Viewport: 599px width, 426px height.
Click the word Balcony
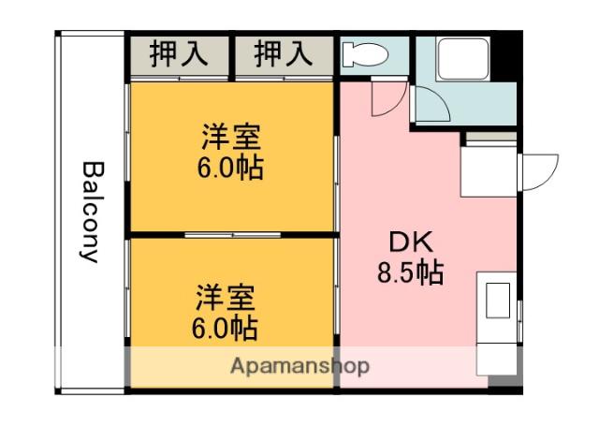pyautogui.click(x=91, y=213)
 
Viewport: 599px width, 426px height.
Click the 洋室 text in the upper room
pyautogui.click(x=230, y=138)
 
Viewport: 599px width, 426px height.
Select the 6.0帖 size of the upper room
pyautogui.click(x=230, y=168)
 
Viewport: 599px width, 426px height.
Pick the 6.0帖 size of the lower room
pyautogui.click(x=226, y=329)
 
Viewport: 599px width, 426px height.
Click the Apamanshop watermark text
pyautogui.click(x=299, y=365)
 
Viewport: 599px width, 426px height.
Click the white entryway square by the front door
pyautogui.click(x=490, y=171)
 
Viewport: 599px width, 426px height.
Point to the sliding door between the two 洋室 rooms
pyautogui.click(x=231, y=233)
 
